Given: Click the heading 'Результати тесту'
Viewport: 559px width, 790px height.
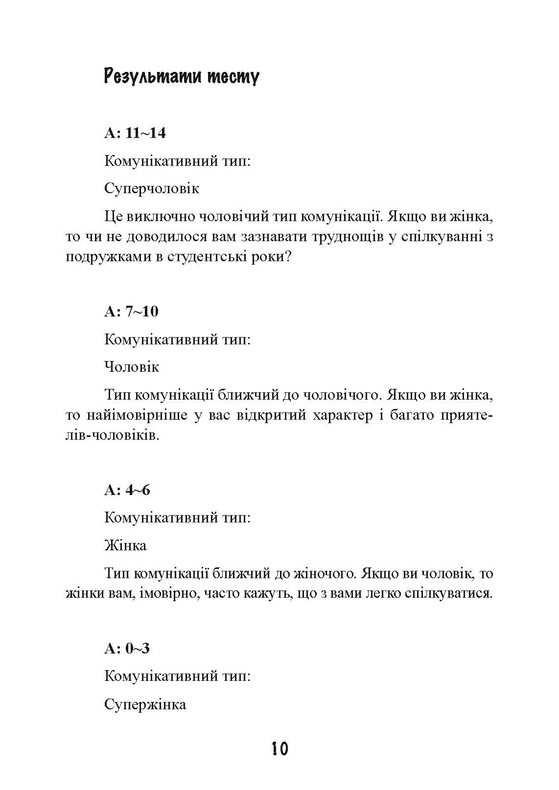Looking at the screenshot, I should pos(182,77).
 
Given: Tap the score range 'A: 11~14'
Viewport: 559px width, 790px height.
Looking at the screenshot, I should pos(135,133).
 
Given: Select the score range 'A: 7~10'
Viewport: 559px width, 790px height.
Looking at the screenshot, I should pos(132,311).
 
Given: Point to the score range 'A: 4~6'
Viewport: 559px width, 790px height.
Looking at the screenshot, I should pos(127,490).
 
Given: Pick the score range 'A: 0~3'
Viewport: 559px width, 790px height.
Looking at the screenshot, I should pos(127,649).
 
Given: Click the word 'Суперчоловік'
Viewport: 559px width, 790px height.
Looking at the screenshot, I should pos(152,189).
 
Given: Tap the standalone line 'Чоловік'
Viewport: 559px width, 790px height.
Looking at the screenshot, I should pos(132,367).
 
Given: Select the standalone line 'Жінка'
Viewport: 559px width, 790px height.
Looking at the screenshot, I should pos(125,545).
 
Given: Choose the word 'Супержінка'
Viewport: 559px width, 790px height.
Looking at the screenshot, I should pos(145,704).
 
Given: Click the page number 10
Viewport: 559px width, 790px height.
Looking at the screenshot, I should pos(279,749).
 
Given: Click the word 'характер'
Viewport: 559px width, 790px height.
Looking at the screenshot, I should pos(341,416).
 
